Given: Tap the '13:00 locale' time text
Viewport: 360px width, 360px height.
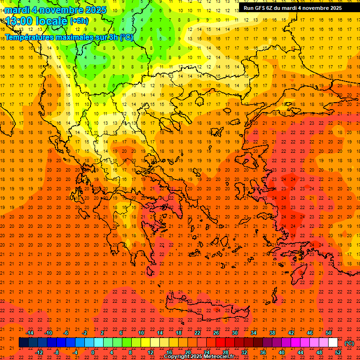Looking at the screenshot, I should tap(37, 21).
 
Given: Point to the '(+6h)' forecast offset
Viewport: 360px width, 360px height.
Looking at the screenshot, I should tap(79, 21).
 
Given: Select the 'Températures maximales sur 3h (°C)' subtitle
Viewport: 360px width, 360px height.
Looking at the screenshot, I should tap(69, 37).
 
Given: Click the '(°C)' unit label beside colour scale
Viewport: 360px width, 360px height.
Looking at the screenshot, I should tap(349, 343).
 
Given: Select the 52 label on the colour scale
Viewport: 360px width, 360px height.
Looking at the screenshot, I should tap(338, 352).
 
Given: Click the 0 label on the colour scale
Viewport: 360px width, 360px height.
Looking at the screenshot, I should tap(92, 352).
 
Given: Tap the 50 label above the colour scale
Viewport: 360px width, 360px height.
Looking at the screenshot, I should tap(329, 333).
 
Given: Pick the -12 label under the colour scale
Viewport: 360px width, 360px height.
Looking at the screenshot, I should tap(39, 352).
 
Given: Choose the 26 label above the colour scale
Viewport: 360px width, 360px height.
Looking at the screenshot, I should tap(216, 333).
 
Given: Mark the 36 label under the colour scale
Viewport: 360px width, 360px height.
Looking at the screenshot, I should tap(262, 352).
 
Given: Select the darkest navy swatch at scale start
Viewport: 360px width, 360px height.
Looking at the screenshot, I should tap(24, 343).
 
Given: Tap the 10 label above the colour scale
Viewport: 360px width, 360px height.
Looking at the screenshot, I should tap(141, 333).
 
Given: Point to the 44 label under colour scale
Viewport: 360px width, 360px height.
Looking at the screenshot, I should tap(300, 352).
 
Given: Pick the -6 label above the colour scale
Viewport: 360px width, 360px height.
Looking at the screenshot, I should tap(67, 333).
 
